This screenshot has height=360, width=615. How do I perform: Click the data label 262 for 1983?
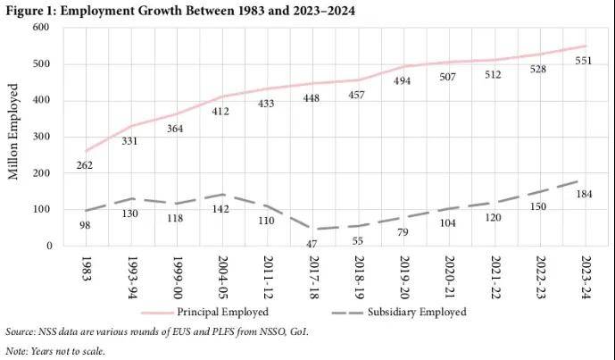click(86, 166)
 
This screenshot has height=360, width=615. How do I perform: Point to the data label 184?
click(583, 195)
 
